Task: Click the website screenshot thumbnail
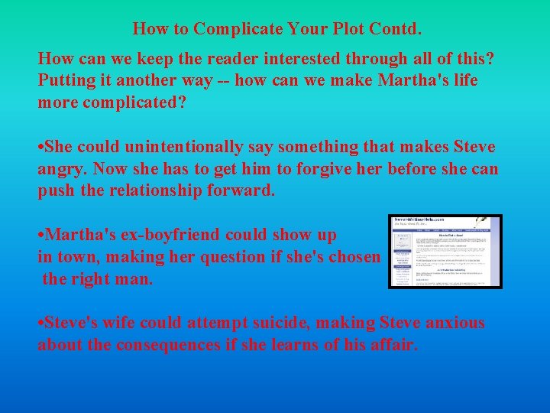445,251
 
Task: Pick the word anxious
451,323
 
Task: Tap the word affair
393,345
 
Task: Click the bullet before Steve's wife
40,324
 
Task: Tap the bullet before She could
40,147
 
